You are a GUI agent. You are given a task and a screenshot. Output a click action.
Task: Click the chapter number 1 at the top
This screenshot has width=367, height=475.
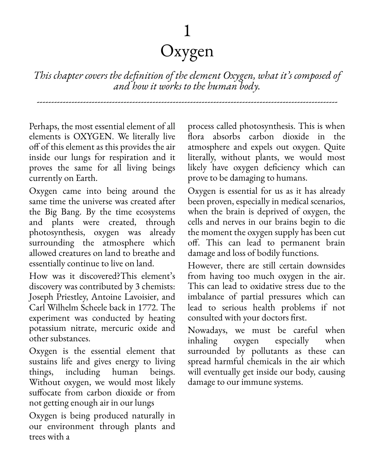pyautogui.click(x=187, y=31)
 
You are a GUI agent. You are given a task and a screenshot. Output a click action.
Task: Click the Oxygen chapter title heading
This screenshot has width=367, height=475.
pyautogui.click(x=187, y=51)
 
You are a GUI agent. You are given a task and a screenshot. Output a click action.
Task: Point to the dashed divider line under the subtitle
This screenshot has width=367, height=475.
pyautogui.click(x=187, y=102)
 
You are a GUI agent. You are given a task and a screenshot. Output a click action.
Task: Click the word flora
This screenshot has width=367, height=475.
pyautogui.click(x=196, y=137)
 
